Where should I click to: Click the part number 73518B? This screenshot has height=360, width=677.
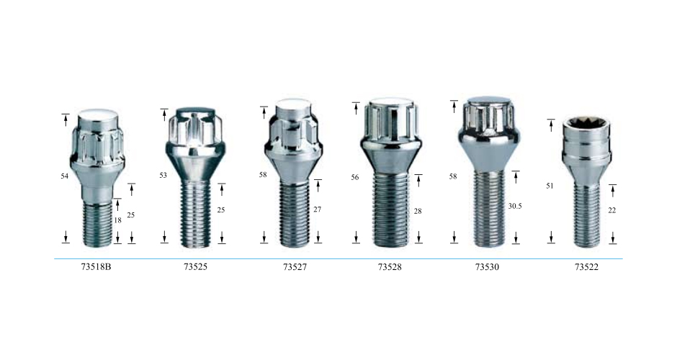coord(96,267)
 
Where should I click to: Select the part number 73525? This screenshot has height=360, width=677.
coord(195,267)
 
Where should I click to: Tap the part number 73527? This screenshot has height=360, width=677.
coord(295,267)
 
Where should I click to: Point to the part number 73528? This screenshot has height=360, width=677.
coord(390,267)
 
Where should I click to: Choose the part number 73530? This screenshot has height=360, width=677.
coord(487,267)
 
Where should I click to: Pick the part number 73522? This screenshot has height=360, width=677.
coord(586,267)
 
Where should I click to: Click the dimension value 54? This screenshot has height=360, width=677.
coord(65,176)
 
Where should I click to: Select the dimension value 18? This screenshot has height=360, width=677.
coord(117,220)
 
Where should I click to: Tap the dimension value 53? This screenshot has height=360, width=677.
coord(163,175)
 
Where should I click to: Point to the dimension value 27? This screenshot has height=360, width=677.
coord(318,210)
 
